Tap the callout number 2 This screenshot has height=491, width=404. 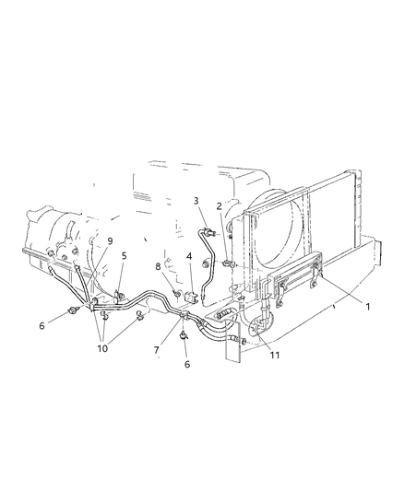pyautogui.click(x=220, y=207)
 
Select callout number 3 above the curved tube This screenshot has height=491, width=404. pyautogui.click(x=196, y=200)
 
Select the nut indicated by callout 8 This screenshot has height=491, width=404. pyautogui.click(x=175, y=294)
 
